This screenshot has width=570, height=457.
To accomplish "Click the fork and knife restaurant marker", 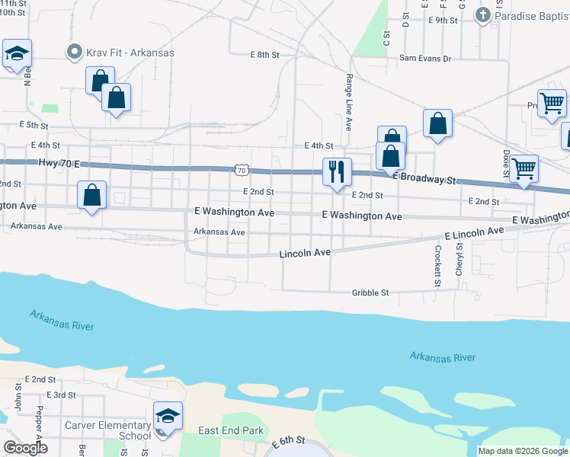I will [x=336, y=172].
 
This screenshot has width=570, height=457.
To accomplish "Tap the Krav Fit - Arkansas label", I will [x=130, y=53].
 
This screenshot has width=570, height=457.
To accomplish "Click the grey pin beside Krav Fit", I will [x=74, y=53].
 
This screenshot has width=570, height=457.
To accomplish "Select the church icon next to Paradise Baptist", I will [x=482, y=14].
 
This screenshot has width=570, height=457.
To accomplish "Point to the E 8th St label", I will [x=265, y=55].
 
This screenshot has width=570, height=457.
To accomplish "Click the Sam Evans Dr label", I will [x=425, y=58].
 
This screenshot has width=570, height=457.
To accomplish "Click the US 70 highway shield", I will [x=241, y=168].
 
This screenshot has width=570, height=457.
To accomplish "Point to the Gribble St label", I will [x=370, y=292].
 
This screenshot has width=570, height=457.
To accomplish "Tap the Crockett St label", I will [x=438, y=266].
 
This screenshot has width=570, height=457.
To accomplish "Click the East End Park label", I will [x=231, y=431].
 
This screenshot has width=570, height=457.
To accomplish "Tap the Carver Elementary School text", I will [x=107, y=430].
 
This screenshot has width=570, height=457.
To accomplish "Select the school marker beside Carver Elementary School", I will [x=168, y=417].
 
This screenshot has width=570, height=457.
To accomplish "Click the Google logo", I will [x=26, y=448].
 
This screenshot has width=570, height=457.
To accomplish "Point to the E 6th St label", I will [x=290, y=441].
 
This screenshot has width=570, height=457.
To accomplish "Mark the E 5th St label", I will [x=34, y=125].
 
